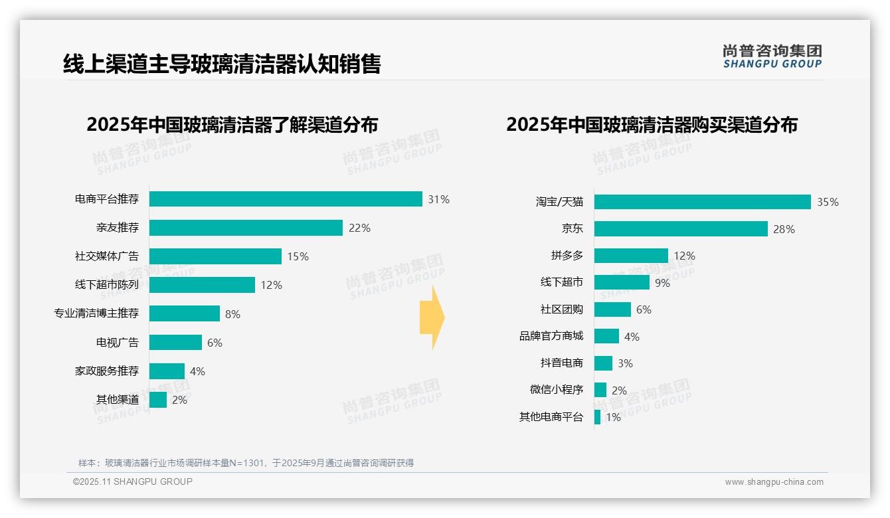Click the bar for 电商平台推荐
pyautogui.click(x=286, y=199)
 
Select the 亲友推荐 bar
pyautogui.click(x=246, y=228)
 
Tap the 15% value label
pyautogui.click(x=298, y=256)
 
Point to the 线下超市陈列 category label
pyautogui.click(x=107, y=285)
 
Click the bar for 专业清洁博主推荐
pyautogui.click(x=185, y=313)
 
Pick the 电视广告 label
pyautogui.click(x=118, y=343)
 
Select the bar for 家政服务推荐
pyautogui.click(x=167, y=371)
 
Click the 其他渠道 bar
pyautogui.click(x=158, y=400)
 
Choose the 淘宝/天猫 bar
pyautogui.click(x=702, y=202)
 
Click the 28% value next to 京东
pyautogui.click(x=784, y=229)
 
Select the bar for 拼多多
pyautogui.click(x=631, y=256)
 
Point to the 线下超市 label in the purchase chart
pyautogui.click(x=562, y=282)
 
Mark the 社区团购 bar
pyautogui.click(x=612, y=309)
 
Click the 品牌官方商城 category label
pyautogui.click(x=551, y=336)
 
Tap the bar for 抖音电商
pyautogui.click(x=603, y=363)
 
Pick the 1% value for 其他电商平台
pyautogui.click(x=613, y=418)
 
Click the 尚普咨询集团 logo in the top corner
pyautogui.click(x=772, y=56)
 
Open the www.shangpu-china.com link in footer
pyautogui.click(x=774, y=482)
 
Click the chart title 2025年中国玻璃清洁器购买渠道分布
pyautogui.click(x=652, y=125)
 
